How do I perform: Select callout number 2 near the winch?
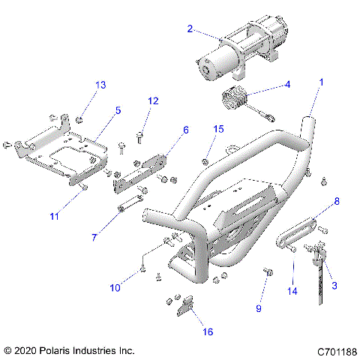(190, 29)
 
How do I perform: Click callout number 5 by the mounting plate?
(118, 110)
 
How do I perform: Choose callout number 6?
(186, 129)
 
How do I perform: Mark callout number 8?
(336, 201)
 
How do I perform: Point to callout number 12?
(153, 100)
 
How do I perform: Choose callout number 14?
(292, 289)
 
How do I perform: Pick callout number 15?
(217, 129)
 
